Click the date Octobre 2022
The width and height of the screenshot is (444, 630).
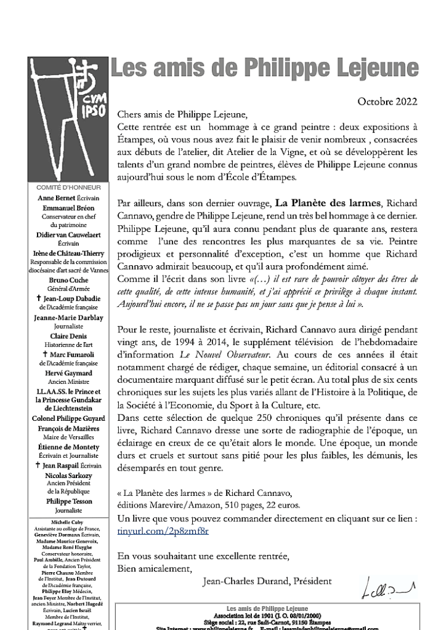pos(387,102)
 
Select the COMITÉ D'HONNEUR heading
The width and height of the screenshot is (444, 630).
pos(66,187)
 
